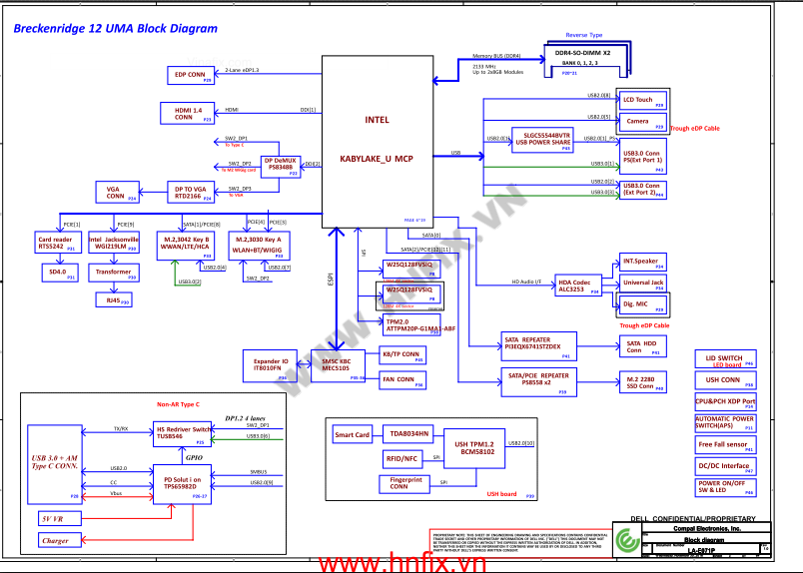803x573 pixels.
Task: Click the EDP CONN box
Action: click(190, 75)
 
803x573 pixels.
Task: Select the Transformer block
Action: click(113, 272)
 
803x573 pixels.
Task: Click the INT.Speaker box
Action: click(642, 263)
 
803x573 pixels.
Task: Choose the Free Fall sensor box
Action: click(725, 444)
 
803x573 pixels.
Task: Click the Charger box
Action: click(56, 540)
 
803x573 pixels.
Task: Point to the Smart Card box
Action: click(353, 435)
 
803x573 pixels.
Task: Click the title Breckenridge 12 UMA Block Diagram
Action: click(115, 29)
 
